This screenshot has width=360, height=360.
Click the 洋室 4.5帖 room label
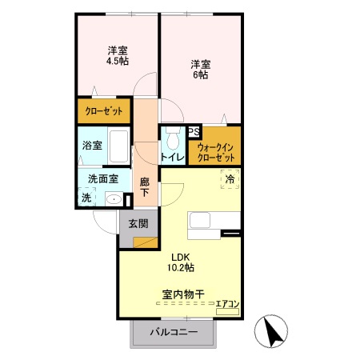(x=118, y=56)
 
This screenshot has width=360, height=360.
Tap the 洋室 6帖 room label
(x=200, y=69)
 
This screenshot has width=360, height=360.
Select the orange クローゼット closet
(x=104, y=111)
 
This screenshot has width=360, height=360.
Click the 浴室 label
(x=92, y=146)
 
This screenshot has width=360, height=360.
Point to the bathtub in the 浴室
(x=117, y=146)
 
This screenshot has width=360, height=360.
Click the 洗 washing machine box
(x=86, y=197)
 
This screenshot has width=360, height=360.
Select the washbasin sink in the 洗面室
(x=114, y=198)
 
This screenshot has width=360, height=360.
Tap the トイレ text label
(x=173, y=158)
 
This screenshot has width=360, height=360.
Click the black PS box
(x=194, y=133)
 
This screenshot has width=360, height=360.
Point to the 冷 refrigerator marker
(x=229, y=180)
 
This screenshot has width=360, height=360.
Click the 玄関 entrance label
(x=138, y=224)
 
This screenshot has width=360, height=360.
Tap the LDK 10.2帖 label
(x=181, y=262)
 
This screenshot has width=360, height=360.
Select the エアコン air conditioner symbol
(x=227, y=305)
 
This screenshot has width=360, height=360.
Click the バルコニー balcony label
(x=174, y=332)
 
